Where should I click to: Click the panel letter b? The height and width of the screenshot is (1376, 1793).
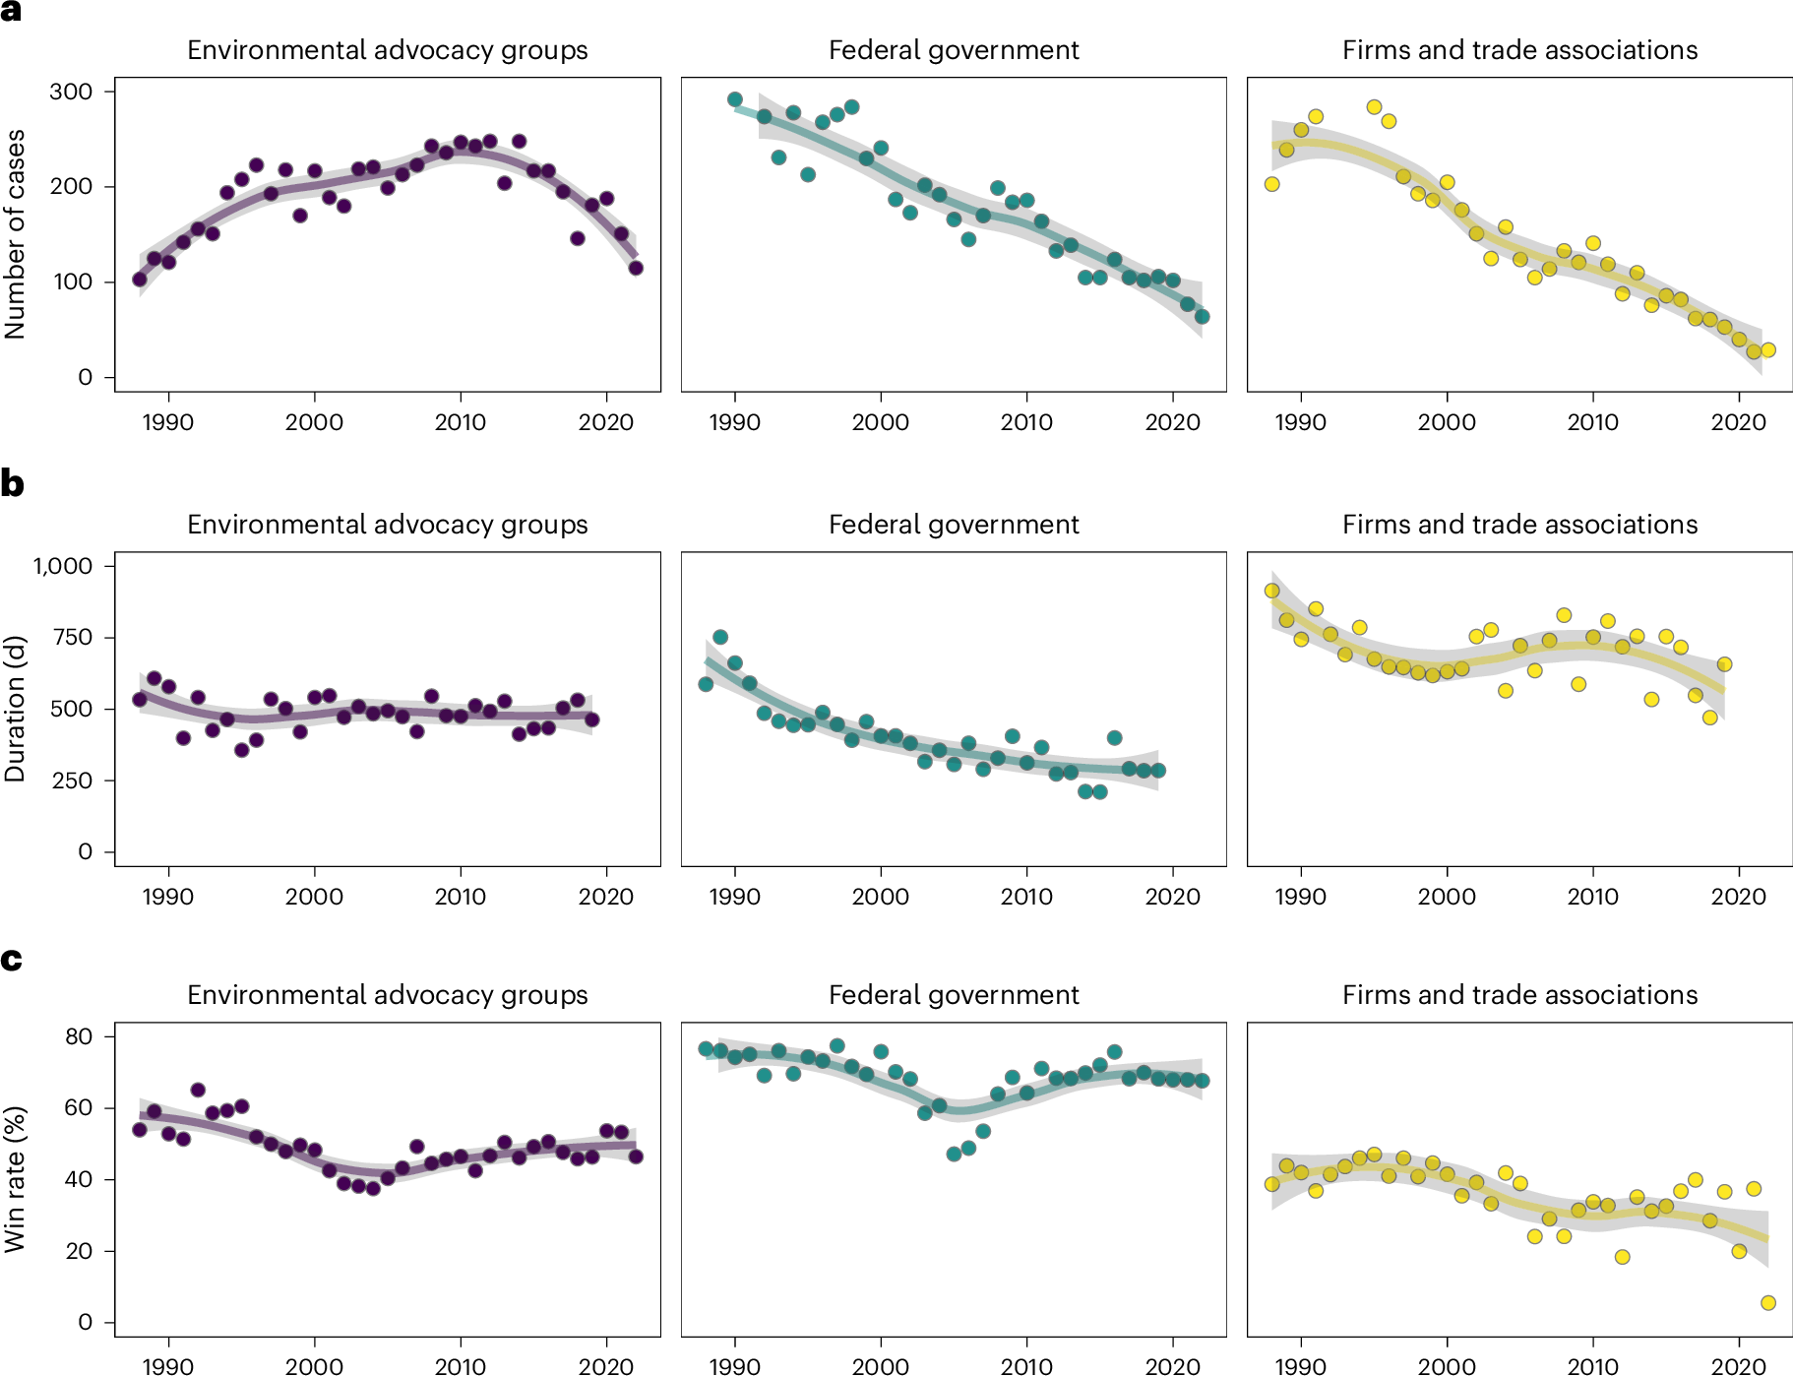pos(12,483)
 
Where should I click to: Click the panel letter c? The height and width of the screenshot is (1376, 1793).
pos(11,959)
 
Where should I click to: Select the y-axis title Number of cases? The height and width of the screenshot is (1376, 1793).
pos(15,234)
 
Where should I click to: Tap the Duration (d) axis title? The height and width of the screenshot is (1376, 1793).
pos(15,709)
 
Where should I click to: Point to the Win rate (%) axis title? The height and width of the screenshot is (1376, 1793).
pos(15,1179)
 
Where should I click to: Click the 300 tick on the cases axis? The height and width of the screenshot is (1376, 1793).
pos(71,92)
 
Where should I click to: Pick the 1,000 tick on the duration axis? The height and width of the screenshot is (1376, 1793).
pos(63,566)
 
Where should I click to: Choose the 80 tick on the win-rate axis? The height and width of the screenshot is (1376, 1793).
pos(78,1036)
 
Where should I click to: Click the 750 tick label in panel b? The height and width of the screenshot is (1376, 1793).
pos(71,638)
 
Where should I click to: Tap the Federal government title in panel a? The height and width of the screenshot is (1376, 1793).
pos(953,50)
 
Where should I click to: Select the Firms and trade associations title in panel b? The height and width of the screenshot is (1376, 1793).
pos(1519,525)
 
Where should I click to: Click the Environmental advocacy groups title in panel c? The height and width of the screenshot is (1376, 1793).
pos(387,995)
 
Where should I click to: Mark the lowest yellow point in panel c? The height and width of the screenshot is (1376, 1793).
pos(1767,1303)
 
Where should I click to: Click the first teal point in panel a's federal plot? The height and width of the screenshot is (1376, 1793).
pos(734,99)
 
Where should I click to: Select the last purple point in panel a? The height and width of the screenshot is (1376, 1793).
pos(636,268)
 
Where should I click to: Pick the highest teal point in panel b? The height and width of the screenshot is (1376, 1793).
pos(719,638)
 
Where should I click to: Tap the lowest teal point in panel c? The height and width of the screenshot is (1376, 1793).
pos(953,1154)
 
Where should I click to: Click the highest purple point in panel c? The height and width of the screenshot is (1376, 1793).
pos(198,1090)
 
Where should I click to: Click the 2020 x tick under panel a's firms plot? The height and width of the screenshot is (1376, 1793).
pos(1738,422)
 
